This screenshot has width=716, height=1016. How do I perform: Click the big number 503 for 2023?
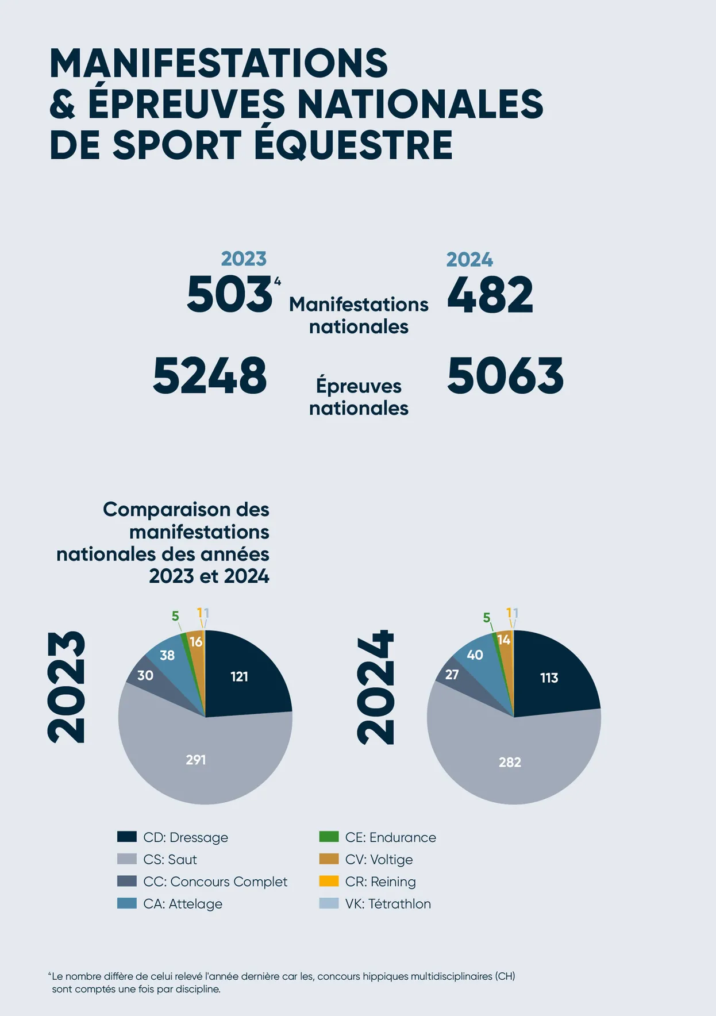pos(229,294)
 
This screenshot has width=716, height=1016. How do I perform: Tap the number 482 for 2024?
pos(490,295)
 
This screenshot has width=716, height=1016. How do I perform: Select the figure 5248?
pos(210,376)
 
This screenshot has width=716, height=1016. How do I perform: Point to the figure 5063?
pos(505,376)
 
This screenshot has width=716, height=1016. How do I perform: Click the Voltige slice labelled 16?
pos(196,642)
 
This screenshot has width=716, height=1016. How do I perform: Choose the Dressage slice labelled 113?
pos(549,678)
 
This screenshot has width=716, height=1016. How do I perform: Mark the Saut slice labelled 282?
pos(510,762)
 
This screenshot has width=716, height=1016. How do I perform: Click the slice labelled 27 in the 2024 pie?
pos(452,674)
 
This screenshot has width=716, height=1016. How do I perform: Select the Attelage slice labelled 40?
pos(475,655)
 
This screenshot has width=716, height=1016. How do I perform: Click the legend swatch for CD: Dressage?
pos(126,837)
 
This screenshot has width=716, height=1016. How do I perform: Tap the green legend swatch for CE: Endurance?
pos(329,837)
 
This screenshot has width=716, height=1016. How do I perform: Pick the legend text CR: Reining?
pos(380,882)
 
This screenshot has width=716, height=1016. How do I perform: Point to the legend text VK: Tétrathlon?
pos(388,904)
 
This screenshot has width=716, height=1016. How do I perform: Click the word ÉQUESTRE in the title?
pos(353,145)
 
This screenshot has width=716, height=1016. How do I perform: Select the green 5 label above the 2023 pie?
pos(175,617)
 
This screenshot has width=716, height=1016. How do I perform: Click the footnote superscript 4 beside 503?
pos(278,281)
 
